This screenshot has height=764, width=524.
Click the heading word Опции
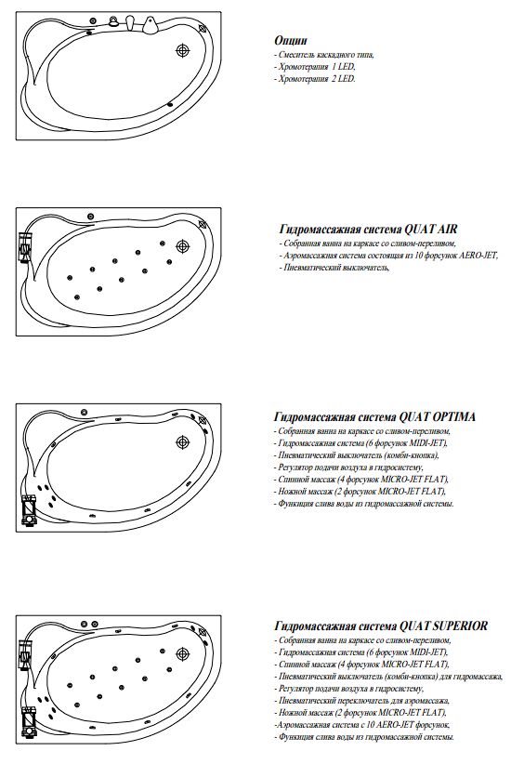tap(290, 40)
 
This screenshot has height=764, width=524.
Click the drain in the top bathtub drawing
tap(183, 50)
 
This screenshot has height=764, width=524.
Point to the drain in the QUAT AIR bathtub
tap(183, 246)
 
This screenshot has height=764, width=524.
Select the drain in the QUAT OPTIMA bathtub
tap(183, 441)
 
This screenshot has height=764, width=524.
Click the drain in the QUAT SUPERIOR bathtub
tap(183, 653)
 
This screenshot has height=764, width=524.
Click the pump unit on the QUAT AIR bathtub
tap(24, 247)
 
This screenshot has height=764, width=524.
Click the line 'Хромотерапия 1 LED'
tap(314, 67)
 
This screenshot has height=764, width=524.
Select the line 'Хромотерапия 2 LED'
tap(314, 79)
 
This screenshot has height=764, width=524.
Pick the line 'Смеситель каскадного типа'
tap(324, 55)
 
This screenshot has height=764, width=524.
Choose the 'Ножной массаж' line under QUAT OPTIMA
tap(360, 492)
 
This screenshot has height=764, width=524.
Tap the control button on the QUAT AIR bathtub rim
tap(90, 217)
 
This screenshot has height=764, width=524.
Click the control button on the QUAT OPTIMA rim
tap(85, 413)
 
